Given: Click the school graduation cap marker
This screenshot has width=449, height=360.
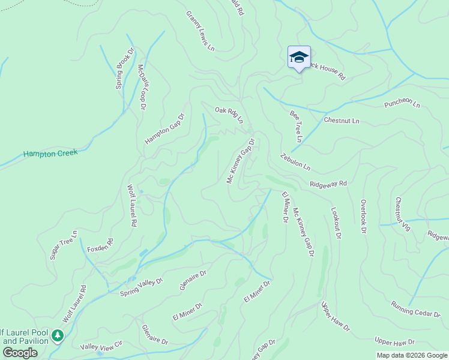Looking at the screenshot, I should click(x=299, y=58).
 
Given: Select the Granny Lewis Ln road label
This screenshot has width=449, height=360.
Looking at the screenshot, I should click(x=200, y=31).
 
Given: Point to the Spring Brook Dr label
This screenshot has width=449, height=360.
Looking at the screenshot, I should click(x=123, y=70).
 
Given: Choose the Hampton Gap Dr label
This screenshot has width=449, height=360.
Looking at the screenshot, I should click(x=164, y=129).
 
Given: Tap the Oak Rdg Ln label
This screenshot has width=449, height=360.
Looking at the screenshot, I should click(x=229, y=114).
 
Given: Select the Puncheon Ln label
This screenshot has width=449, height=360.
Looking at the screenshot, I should click(x=402, y=103).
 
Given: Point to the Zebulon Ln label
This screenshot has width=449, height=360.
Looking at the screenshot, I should click(x=295, y=161).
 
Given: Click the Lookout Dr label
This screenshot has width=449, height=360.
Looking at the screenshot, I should click(x=336, y=223).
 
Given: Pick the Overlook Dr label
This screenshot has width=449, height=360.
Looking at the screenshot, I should click(x=363, y=216).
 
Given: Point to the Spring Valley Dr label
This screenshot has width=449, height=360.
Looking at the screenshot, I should click(x=142, y=287).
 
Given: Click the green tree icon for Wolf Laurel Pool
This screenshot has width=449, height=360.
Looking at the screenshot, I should click(x=58, y=335).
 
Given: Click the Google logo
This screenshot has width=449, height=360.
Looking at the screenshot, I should click(x=20, y=353).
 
